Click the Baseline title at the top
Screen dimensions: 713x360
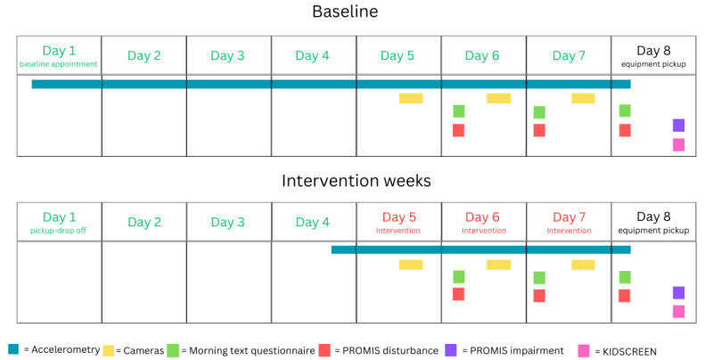point(345,12)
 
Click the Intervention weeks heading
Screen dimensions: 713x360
point(356,181)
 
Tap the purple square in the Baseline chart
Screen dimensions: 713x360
point(678,125)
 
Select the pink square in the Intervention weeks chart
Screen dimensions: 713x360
point(678,311)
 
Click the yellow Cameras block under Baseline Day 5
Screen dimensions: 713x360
point(411,98)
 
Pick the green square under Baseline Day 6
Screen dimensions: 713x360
point(459,111)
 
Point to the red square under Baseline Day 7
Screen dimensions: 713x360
point(539,130)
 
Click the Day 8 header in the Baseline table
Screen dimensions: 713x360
point(653,51)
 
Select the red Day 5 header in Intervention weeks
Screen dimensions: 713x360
point(398,217)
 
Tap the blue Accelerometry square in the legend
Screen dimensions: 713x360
point(13,349)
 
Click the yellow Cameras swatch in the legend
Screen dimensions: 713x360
point(108,350)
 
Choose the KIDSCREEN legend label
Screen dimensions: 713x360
point(629,351)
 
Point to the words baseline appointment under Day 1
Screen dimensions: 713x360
point(58,64)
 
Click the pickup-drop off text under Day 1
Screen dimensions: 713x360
point(58,231)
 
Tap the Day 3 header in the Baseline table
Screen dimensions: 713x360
point(227,55)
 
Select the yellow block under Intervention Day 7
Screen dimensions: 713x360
point(583,265)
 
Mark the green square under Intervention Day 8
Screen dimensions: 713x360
point(625,277)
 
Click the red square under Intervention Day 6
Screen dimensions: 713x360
point(459,294)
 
